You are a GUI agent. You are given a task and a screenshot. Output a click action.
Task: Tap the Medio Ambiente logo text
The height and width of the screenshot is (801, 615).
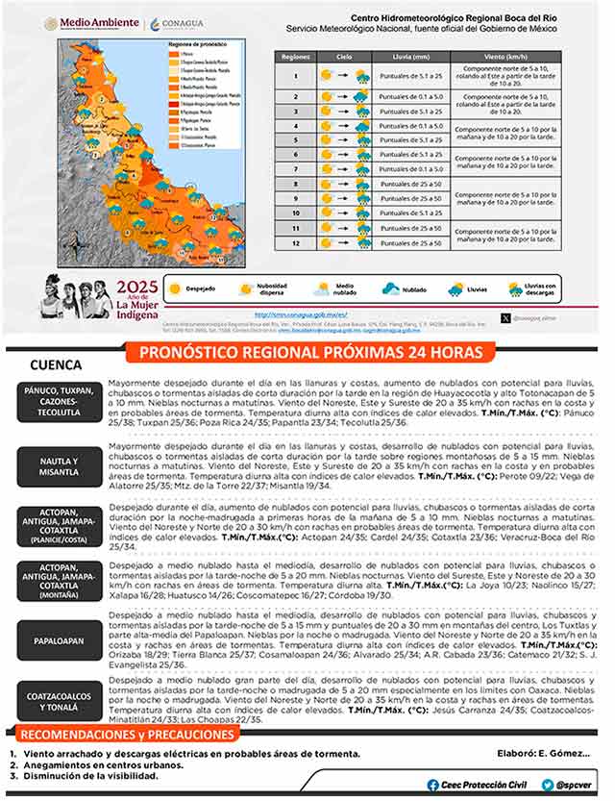point(97,23)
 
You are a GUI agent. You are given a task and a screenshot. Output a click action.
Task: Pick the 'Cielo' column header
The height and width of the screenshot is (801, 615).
point(343,57)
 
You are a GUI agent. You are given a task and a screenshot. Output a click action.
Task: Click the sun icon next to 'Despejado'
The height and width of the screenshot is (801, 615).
point(175,288)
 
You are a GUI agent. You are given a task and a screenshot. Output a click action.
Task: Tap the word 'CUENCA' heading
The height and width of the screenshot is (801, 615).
point(56,366)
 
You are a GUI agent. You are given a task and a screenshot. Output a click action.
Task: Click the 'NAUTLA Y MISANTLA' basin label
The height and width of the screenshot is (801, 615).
point(60,465)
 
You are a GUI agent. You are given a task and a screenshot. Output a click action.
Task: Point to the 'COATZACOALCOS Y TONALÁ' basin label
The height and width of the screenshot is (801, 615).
point(60,699)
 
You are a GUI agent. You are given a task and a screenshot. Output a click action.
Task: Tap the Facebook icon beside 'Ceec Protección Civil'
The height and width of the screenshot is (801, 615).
point(433,785)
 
